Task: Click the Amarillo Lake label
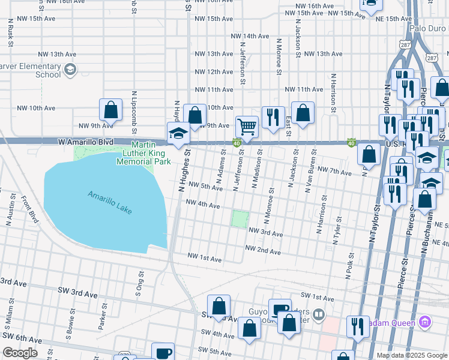(109, 203)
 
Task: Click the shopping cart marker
(246, 127)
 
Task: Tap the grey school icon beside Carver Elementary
(70, 70)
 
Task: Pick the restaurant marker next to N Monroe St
(273, 117)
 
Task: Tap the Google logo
(19, 353)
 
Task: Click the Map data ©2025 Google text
(411, 355)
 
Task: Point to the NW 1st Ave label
(205, 259)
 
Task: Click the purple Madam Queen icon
(426, 323)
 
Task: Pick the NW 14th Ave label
(250, 36)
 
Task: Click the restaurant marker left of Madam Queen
(358, 326)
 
